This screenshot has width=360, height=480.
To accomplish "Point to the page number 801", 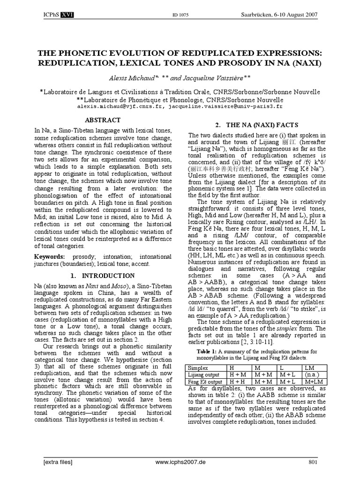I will (x=313, y=462).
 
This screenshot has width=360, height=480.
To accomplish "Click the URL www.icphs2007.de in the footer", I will (x=180, y=462).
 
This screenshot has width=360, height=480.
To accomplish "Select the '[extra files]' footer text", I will (x=58, y=462).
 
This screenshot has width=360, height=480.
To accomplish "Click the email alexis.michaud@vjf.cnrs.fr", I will (x=122, y=107).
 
